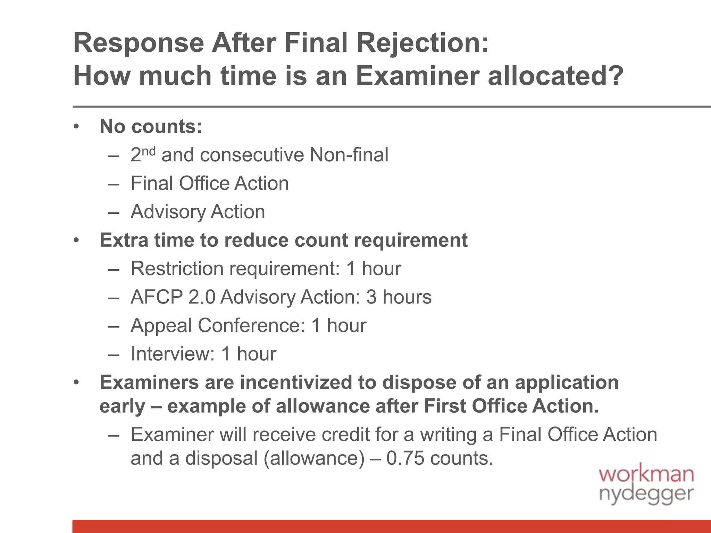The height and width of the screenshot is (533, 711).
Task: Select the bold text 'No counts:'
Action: click(151, 126)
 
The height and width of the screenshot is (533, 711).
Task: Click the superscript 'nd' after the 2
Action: click(149, 151)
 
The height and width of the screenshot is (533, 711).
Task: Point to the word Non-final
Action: click(349, 155)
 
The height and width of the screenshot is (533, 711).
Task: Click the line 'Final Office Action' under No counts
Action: click(210, 183)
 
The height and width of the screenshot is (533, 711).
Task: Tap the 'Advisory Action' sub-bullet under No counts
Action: click(198, 212)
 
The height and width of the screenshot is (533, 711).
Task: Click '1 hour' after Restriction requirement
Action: click(374, 269)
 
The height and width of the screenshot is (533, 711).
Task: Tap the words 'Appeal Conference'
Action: click(217, 325)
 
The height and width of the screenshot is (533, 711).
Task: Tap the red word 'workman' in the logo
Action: click(646, 474)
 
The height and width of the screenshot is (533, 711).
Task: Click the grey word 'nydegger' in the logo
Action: click(646, 494)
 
